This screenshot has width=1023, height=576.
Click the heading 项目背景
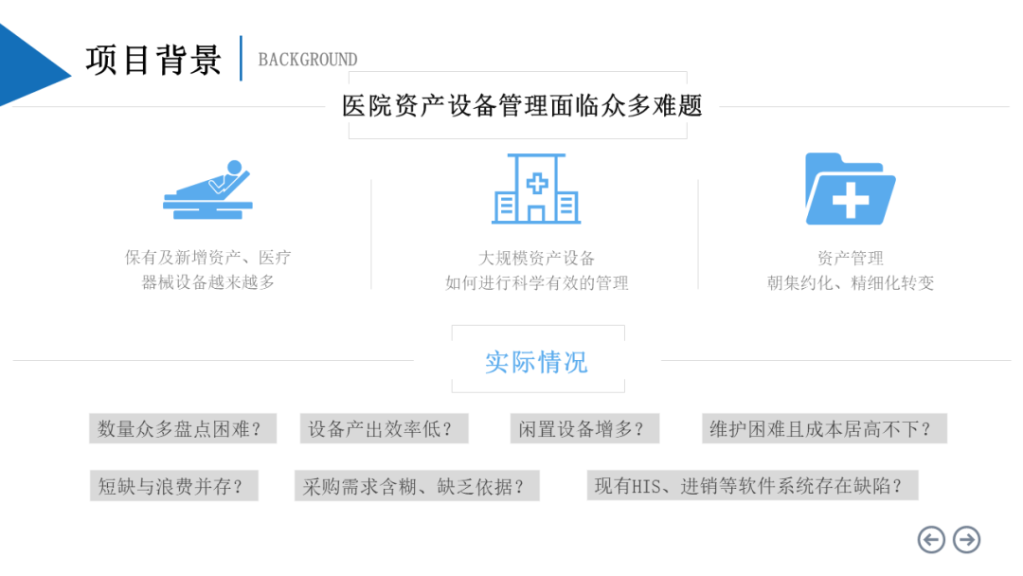(x=154, y=60)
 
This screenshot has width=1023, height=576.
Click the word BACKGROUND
(x=308, y=60)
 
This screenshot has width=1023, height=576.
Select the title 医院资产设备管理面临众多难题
(x=522, y=105)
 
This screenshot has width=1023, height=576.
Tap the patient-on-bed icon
(x=209, y=190)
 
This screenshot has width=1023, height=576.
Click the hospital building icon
(x=536, y=189)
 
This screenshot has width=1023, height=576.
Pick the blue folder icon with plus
(x=850, y=189)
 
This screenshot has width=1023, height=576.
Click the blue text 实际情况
(x=536, y=361)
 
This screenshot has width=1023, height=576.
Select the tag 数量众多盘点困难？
(x=180, y=428)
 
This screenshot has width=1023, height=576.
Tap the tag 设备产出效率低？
(x=383, y=428)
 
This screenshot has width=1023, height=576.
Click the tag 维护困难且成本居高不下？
(x=822, y=428)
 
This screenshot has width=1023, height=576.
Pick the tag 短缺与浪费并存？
(x=173, y=486)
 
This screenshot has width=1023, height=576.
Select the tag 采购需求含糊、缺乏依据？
(x=416, y=486)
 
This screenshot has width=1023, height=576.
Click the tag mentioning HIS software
(x=751, y=486)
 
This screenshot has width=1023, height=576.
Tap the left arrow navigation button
(x=932, y=539)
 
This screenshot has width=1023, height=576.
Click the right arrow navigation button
(x=966, y=539)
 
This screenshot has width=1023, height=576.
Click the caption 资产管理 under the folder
(x=850, y=258)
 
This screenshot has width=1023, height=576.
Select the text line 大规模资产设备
(x=536, y=258)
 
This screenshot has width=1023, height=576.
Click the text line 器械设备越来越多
(x=207, y=282)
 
